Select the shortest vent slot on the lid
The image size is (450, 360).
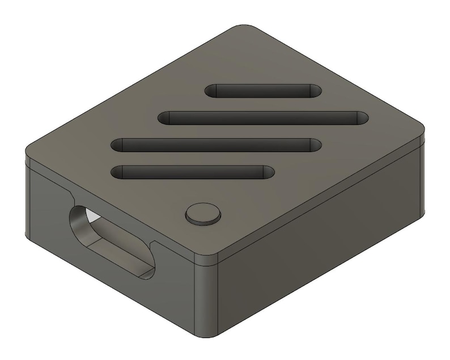263,91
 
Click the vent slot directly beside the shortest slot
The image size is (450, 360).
264,118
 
